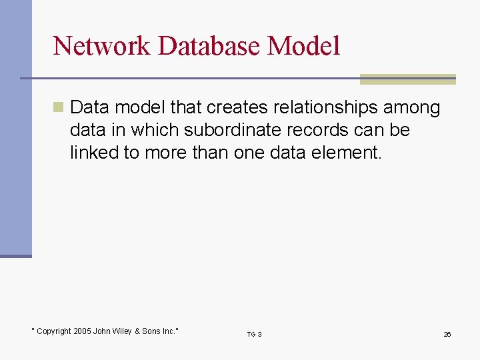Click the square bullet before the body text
(59, 107)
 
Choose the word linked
(92, 153)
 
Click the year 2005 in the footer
(83, 331)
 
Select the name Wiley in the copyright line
(123, 331)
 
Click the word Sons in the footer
(151, 331)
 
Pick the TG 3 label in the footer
(254, 334)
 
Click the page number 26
(447, 334)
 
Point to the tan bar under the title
(407, 79)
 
